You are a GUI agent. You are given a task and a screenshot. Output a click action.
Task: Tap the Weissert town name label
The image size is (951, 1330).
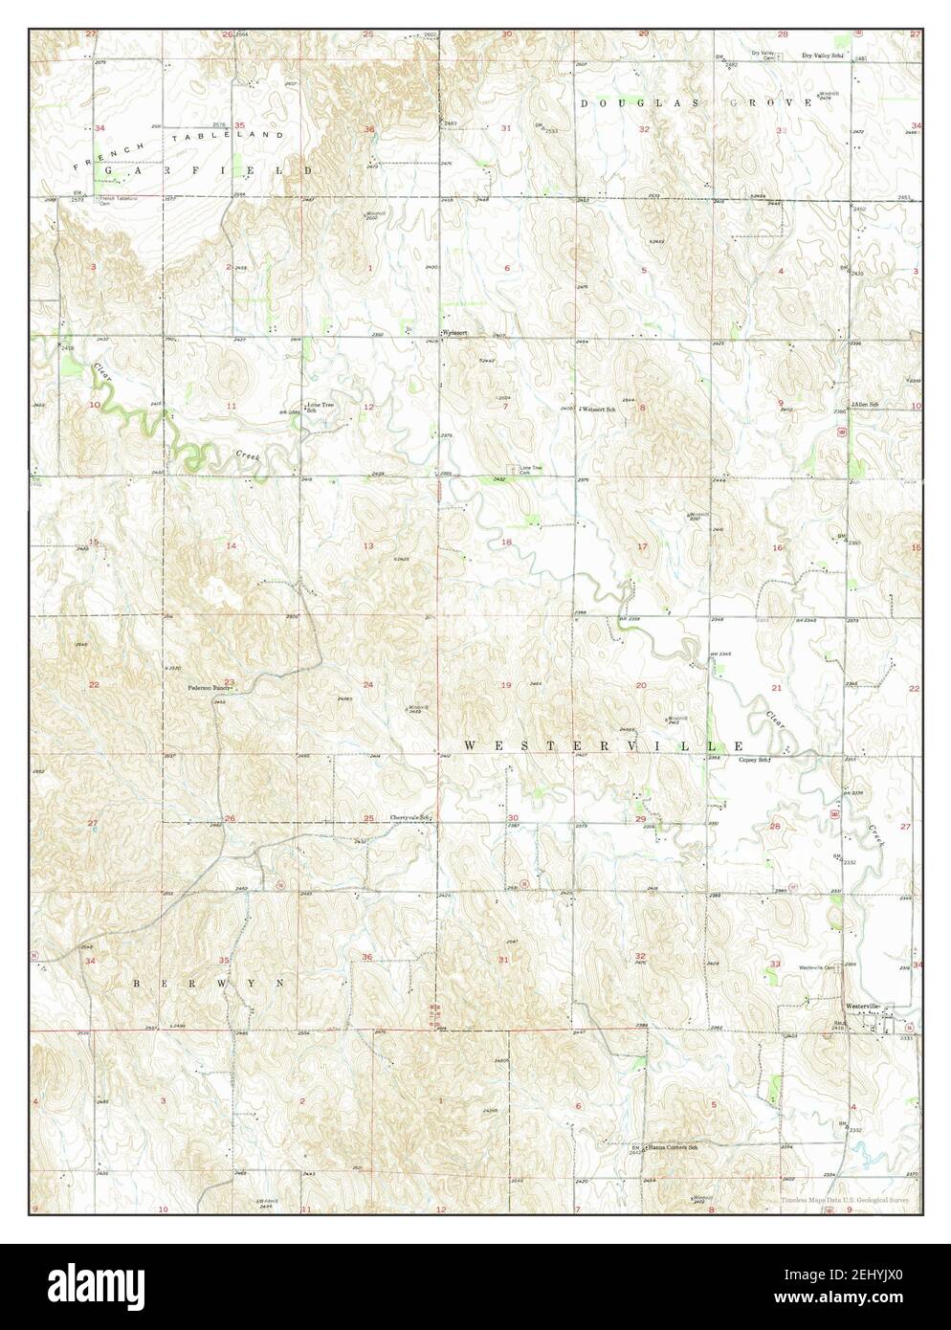point(457,332)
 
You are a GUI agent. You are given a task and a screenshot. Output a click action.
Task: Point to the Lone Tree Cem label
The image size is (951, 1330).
point(530,470)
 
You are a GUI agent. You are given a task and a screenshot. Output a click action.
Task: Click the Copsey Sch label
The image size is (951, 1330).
point(754,760)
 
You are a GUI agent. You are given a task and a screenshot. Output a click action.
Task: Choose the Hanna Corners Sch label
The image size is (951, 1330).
point(673,1146)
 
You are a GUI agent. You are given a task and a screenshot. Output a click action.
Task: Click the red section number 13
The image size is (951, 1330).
point(367,545)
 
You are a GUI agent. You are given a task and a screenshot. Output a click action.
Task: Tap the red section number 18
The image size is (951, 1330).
point(507,542)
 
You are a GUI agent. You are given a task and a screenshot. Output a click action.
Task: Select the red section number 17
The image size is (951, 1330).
point(643,546)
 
